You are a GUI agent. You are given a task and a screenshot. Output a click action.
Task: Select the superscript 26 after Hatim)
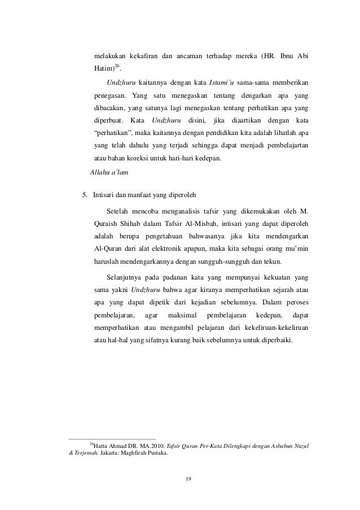tap(118, 67)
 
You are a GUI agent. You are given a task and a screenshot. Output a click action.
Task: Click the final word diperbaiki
tap(274, 339)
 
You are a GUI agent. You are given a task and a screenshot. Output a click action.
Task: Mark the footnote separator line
tap(112, 438)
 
